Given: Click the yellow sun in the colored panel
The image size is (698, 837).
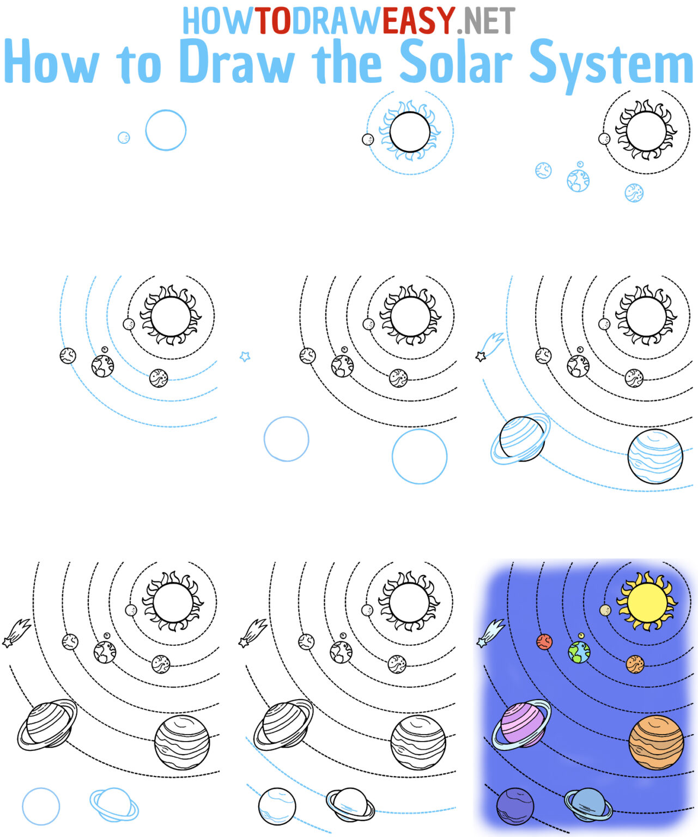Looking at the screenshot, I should pos(647,601).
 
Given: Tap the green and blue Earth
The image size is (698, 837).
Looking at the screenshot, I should pos(579,652).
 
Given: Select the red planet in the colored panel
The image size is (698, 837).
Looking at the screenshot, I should pos(544,642).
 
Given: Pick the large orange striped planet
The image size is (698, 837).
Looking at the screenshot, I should pos(656,742).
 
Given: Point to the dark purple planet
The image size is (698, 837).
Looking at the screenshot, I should pos(515,806).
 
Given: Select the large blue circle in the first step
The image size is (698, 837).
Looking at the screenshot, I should pos(166,130).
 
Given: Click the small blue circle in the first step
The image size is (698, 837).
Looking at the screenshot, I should pos(124,137).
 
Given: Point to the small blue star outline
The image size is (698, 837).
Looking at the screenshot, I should pos(245,356).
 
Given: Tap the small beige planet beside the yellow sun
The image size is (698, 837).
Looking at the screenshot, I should pos(605,610).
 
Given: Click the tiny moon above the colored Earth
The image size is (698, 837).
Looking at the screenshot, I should pos(581,635).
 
